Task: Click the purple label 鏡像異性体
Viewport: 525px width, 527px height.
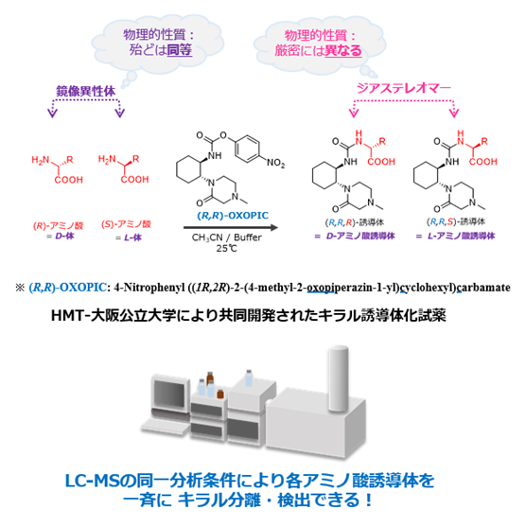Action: [x=85, y=91]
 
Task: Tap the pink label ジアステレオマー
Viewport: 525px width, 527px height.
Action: [x=403, y=88]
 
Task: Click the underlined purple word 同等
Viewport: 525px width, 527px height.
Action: [x=180, y=50]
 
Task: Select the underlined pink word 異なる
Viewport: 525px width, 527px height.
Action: [x=343, y=50]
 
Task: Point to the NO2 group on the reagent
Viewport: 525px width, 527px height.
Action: [x=275, y=163]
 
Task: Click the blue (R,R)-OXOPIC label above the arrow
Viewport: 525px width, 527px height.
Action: [x=233, y=215]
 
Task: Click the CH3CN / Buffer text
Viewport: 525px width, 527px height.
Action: [x=226, y=237]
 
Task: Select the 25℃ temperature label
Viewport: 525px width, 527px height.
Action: [x=226, y=249]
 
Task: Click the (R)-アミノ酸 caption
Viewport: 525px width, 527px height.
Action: [x=58, y=225]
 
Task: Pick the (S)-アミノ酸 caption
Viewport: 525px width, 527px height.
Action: [x=126, y=224]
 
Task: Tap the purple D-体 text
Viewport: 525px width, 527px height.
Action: [x=64, y=236]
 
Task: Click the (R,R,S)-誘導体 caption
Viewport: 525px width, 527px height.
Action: [x=456, y=221]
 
